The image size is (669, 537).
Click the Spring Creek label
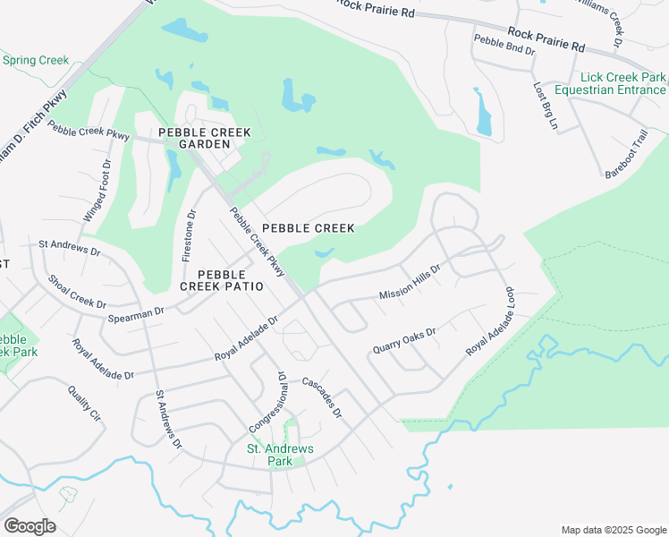36,61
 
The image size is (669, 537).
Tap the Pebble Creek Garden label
205,139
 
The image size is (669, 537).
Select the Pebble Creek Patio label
222,280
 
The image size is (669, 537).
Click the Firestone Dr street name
189,235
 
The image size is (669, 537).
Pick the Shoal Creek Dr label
77,292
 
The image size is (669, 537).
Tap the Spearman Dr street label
137,313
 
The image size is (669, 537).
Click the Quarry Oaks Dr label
404,340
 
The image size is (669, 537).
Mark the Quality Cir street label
83,403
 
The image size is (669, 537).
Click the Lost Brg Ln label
545,107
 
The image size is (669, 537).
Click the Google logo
30,526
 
